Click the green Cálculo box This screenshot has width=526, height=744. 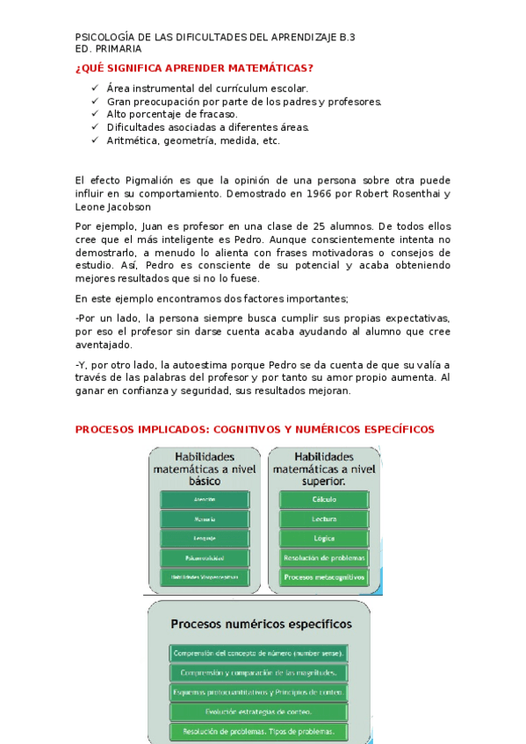click(324, 499)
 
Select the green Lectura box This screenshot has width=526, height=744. click(324, 519)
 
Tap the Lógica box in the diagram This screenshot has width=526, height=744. click(324, 538)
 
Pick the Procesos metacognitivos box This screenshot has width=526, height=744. click(324, 577)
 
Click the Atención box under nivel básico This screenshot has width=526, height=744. click(205, 499)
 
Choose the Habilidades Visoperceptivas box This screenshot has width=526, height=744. click(205, 577)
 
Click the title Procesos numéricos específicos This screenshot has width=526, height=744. click(261, 625)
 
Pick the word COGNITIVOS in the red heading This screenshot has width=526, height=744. click(235, 429)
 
